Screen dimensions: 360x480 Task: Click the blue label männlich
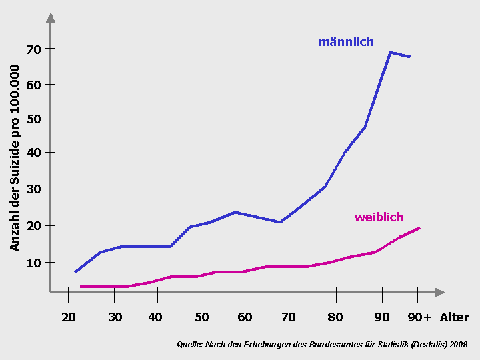[x=345, y=42]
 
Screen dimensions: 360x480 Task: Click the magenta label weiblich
[x=379, y=217]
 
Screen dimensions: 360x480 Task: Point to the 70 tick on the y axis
[x=34, y=49]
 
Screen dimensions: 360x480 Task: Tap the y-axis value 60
[x=34, y=85]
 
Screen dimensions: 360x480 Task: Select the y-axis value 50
[x=34, y=119]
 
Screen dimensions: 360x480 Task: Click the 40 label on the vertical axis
[x=34, y=153]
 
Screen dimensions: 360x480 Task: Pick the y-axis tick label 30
[x=34, y=189]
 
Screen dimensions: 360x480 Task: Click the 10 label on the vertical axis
[x=34, y=263]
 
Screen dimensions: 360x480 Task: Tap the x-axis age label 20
[x=69, y=317]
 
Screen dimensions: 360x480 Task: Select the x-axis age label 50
[x=201, y=317]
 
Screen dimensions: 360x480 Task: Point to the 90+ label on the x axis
[x=419, y=317]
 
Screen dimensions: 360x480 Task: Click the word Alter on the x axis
[x=454, y=317]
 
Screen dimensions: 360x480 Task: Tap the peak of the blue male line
[x=390, y=52]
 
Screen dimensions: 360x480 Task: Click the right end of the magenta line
[x=419, y=228]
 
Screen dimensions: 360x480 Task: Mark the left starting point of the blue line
[x=75, y=272]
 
